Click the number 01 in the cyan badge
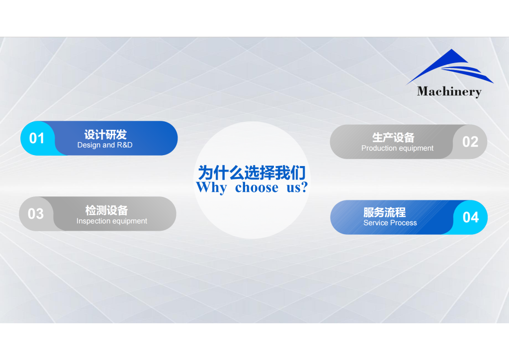point(37,138)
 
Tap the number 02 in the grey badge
point(470,142)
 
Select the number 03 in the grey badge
point(35,214)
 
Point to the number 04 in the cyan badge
point(471,217)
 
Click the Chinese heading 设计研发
point(105,134)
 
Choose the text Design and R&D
point(105,145)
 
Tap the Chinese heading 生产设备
point(393,137)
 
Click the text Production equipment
point(397,148)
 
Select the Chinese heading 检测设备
point(106,210)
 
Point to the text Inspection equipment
point(112,221)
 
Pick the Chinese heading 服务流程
point(384,212)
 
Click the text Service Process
point(390,223)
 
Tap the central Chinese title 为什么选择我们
point(252,173)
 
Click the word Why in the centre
point(211,187)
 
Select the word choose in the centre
point(256,187)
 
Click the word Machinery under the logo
point(449,91)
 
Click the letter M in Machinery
point(423,91)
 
